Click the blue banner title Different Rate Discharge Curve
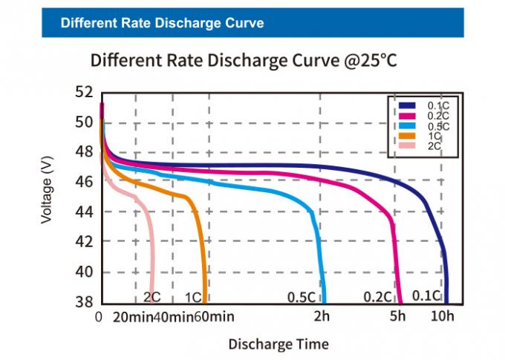(162, 23)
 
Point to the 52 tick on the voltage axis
(84, 92)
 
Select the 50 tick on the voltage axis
(84, 122)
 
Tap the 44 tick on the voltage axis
(84, 212)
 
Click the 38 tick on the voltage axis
(84, 302)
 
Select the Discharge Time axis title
(278, 344)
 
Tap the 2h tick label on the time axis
(321, 317)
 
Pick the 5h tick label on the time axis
(398, 317)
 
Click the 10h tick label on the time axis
(443, 317)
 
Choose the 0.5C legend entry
(435, 126)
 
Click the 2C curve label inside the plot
(151, 297)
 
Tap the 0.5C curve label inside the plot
(302, 297)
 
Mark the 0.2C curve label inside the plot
(377, 297)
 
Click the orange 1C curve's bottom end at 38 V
(205, 301)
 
